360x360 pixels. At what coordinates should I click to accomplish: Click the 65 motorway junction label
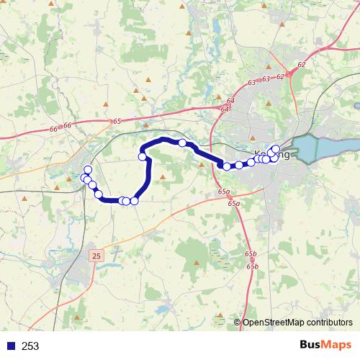coord(117,122)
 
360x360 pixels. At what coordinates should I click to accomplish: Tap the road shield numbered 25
coord(98,255)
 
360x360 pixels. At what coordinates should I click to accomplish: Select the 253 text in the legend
coord(31,346)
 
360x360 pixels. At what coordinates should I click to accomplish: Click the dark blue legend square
coord(10,346)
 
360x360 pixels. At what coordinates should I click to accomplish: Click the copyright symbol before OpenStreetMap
coord(238,323)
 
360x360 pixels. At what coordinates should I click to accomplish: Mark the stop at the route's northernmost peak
coord(183,143)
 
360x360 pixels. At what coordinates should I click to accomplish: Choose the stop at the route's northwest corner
coord(143,156)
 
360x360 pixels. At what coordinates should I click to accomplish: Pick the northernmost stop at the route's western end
coord(89,170)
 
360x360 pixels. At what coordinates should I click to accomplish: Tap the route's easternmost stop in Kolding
coord(276,149)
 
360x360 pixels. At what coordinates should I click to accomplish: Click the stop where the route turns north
coord(134,201)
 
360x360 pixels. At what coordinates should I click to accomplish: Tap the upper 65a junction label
coord(224,192)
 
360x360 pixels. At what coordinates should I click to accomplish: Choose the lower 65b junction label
coord(251,266)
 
